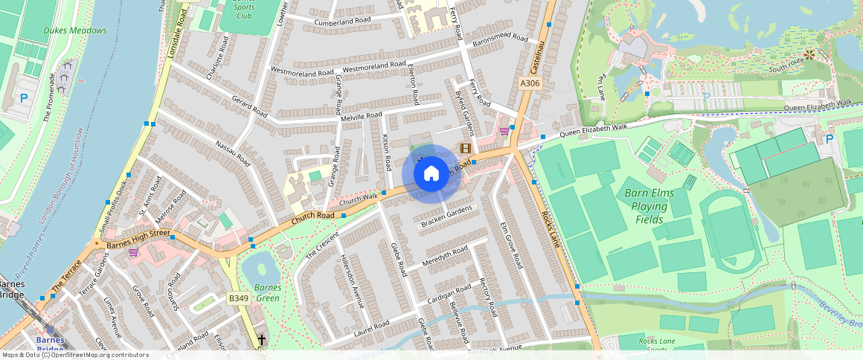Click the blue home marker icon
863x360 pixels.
(431, 174)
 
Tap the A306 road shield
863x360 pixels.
(530, 83)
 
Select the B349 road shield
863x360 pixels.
(238, 298)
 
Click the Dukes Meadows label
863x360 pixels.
(74, 30)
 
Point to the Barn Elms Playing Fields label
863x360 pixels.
(649, 206)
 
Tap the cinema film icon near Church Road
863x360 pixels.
(466, 148)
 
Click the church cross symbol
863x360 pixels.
(261, 340)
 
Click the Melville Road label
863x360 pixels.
(361, 117)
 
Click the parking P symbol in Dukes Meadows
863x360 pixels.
(24, 98)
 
